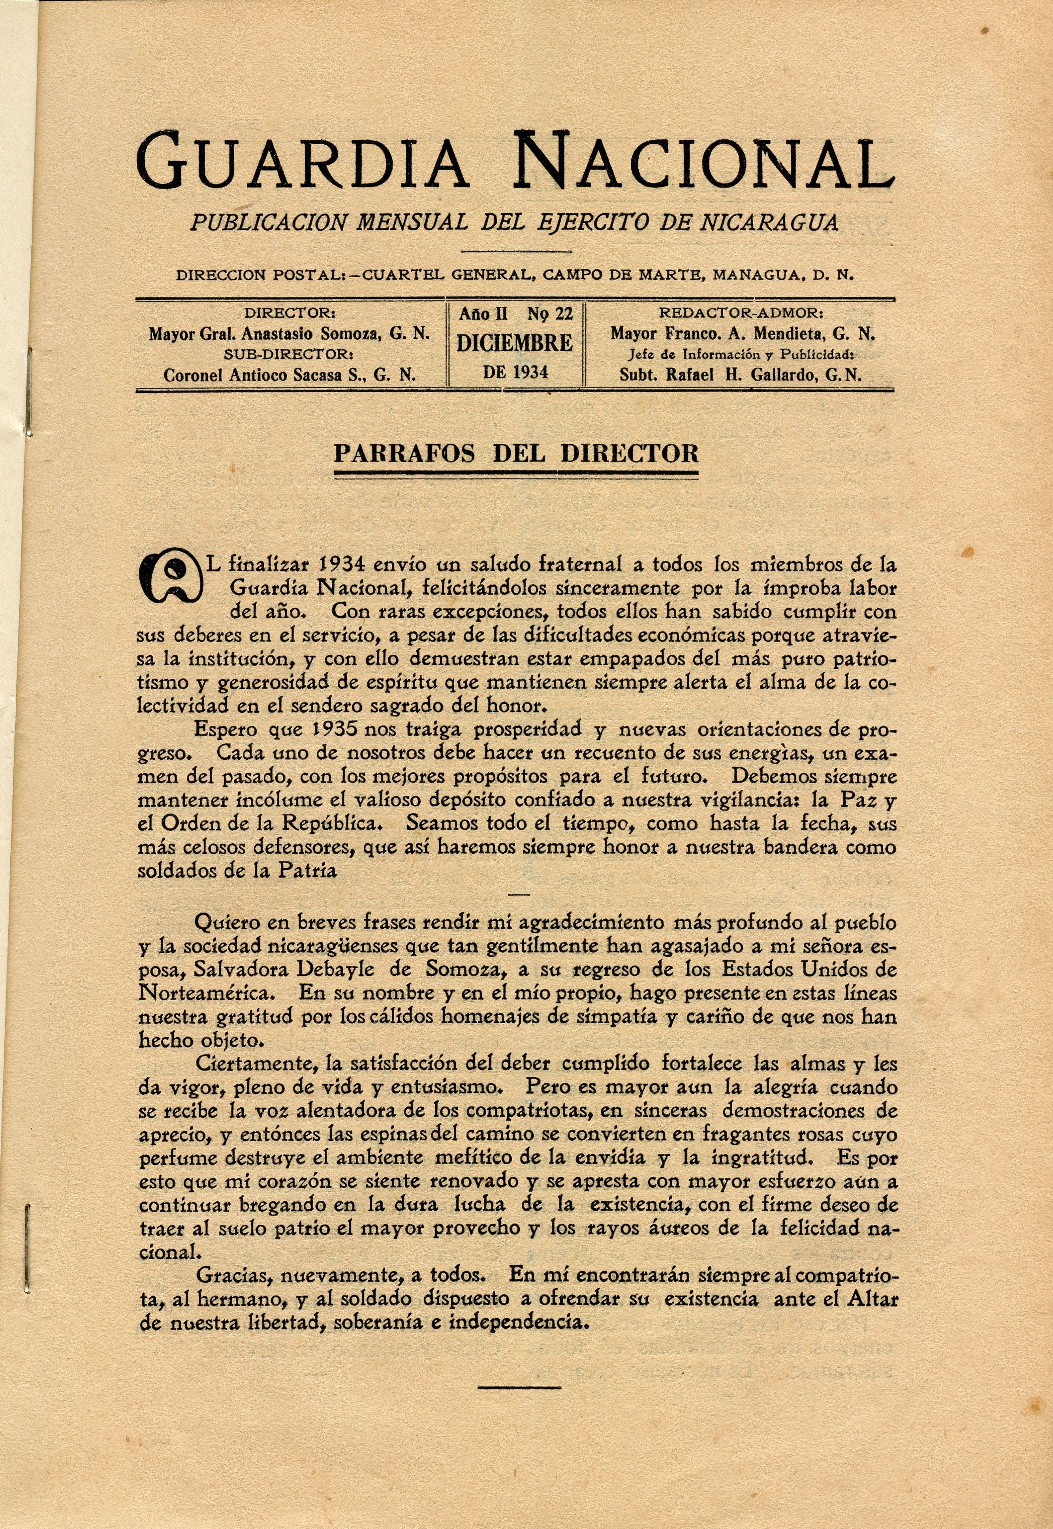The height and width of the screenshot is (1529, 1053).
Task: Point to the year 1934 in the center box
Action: [x=515, y=372]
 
